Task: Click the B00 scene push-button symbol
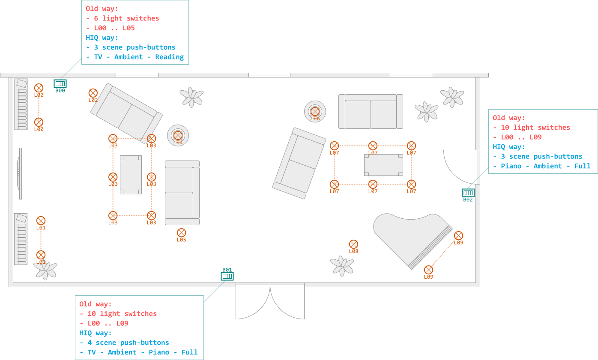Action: (x=60, y=83)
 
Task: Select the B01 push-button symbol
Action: (x=227, y=276)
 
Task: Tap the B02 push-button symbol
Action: (x=468, y=193)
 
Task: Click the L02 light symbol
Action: (x=93, y=93)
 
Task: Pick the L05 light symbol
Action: (x=182, y=233)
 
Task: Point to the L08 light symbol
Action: (x=353, y=244)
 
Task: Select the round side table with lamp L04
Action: (x=178, y=136)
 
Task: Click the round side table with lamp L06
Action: (x=315, y=111)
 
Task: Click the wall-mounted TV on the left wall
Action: (x=20, y=173)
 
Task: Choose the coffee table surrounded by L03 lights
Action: (x=131, y=175)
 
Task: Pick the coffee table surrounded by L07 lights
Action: (x=383, y=165)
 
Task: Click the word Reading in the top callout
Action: (x=169, y=57)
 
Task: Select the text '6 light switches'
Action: (x=126, y=18)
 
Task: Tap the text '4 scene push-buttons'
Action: (x=128, y=342)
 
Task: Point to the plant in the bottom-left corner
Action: (x=45, y=270)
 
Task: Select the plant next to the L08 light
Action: (x=342, y=265)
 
